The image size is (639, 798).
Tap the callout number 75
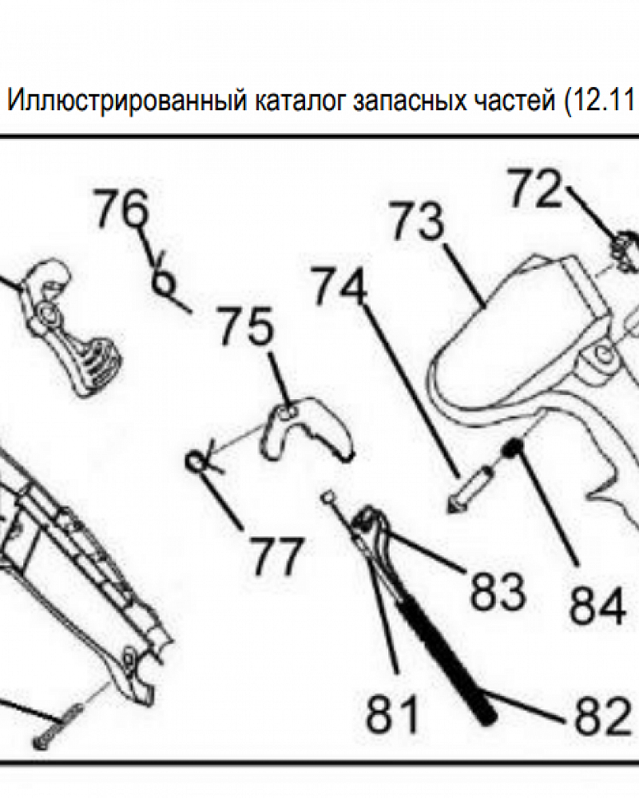point(246,326)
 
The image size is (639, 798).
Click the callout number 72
point(536,189)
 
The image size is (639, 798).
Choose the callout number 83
point(496,591)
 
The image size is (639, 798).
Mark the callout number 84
point(597,606)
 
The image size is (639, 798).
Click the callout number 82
point(601,717)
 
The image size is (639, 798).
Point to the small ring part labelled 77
point(196,460)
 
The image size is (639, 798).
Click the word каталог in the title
point(302,103)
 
